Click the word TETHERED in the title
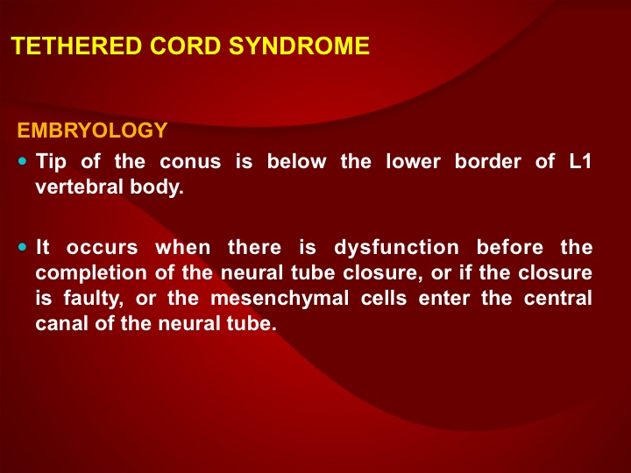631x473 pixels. [x=76, y=46]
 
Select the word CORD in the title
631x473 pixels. [x=185, y=46]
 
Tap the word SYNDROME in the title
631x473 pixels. [x=299, y=46]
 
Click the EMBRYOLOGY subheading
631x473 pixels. [x=92, y=131]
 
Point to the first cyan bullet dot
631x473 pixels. [x=22, y=161]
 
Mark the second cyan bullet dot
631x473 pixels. [x=22, y=246]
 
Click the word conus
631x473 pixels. [x=190, y=162]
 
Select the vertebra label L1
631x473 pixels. [x=580, y=161]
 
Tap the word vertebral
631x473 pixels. [x=79, y=187]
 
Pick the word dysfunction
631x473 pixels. [x=396, y=247]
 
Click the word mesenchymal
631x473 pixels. [x=280, y=299]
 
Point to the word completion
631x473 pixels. [x=91, y=273]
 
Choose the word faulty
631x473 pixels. [x=93, y=299]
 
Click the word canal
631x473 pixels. [x=61, y=324]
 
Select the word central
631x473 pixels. [x=557, y=299]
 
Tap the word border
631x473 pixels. [x=488, y=161]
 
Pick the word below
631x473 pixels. [x=296, y=161]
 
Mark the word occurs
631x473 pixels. [x=103, y=248]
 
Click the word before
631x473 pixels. [x=510, y=246]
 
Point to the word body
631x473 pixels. [x=157, y=187]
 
